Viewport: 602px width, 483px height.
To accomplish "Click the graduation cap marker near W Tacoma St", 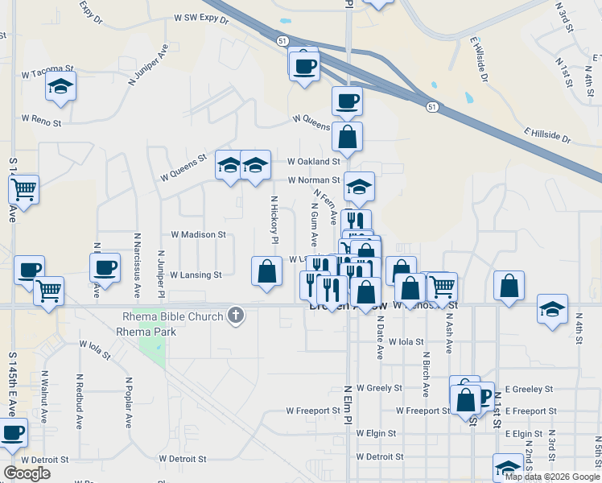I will [60, 86].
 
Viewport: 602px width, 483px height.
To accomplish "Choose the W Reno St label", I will [41, 122].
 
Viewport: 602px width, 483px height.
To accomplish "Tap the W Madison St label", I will [198, 235].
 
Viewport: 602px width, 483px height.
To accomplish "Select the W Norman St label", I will [315, 180].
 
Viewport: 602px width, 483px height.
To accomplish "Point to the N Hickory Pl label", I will [274, 220].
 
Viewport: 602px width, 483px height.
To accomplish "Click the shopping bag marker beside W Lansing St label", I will [266, 271].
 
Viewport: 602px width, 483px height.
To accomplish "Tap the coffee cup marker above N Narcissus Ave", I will [105, 267].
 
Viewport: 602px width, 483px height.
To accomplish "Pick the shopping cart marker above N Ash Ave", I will [442, 287].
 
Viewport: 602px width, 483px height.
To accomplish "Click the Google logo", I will [27, 473].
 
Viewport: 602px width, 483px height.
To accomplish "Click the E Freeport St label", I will [523, 411].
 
